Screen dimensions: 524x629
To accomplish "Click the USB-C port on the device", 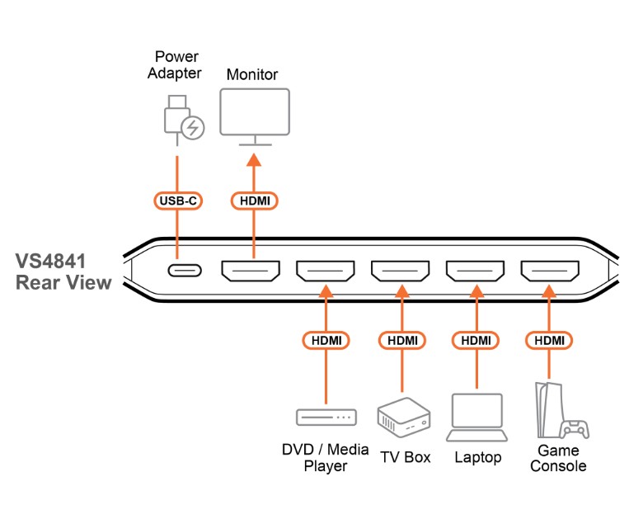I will [177, 269].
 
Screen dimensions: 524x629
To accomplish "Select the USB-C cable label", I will [177, 201].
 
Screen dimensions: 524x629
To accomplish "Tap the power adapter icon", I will [183, 120].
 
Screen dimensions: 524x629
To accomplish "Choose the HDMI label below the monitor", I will [255, 201].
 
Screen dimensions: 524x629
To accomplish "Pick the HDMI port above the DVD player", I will [326, 270].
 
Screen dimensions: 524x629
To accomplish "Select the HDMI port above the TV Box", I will [400, 270].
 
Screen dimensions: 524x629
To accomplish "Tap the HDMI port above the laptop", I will [475, 270].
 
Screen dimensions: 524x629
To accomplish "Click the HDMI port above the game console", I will [550, 270].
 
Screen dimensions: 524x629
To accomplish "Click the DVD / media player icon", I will [326, 418].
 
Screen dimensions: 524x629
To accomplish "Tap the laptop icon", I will [476, 418].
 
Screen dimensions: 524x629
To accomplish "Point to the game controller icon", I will [575, 428].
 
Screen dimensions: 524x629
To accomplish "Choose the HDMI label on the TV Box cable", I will [401, 339].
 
